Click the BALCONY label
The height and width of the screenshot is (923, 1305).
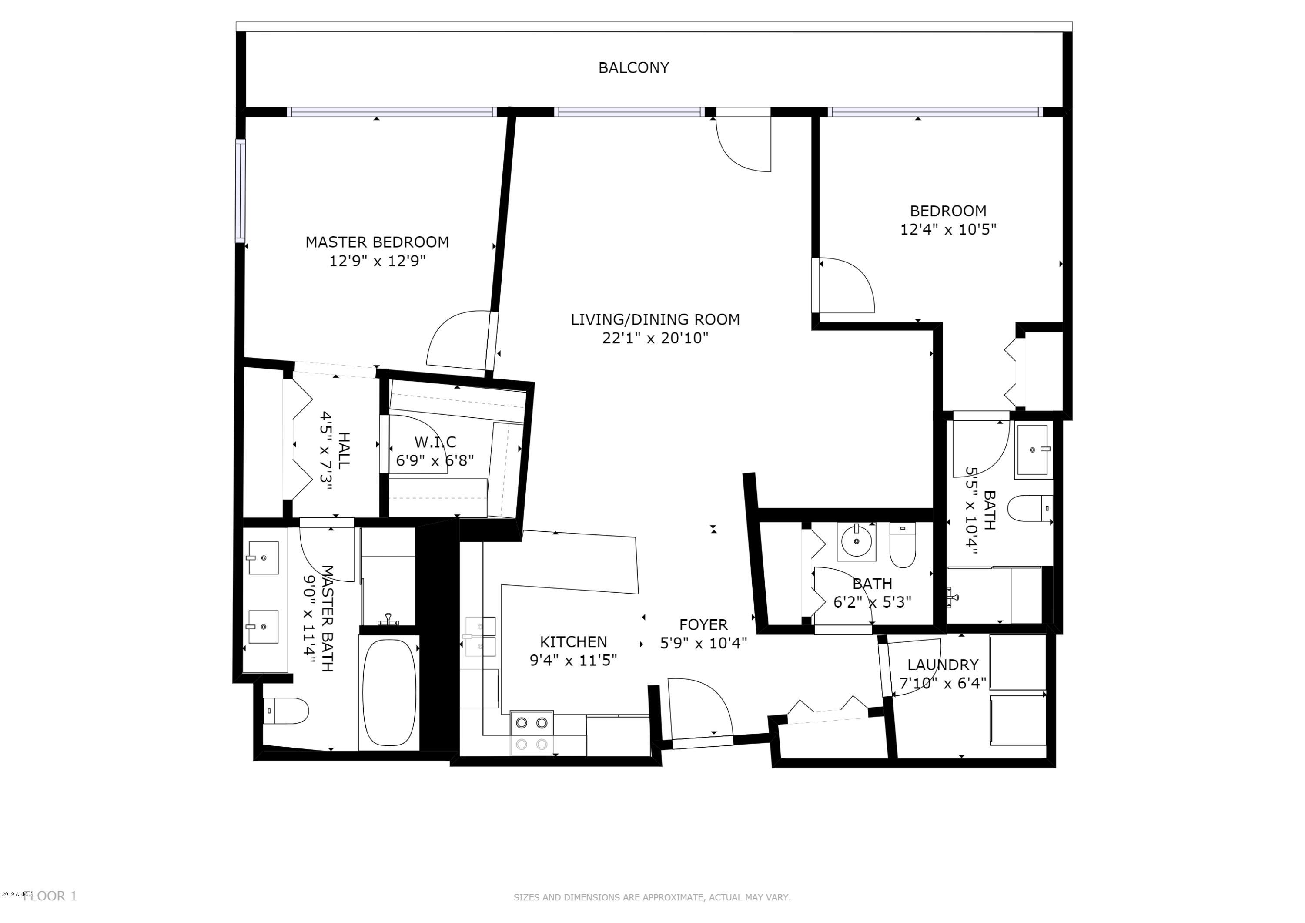tap(633, 68)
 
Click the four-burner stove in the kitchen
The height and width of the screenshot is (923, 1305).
tap(532, 732)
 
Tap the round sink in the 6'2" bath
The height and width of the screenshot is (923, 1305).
tap(856, 541)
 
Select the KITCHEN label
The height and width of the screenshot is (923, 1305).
tap(573, 642)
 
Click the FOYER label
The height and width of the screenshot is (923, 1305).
tap(703, 625)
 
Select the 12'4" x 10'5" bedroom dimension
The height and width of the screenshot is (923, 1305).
tap(948, 230)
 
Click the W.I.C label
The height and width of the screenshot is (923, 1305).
tap(435, 442)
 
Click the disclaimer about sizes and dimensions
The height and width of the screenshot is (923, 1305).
tap(652, 897)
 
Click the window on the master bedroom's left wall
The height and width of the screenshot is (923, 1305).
tap(241, 191)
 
